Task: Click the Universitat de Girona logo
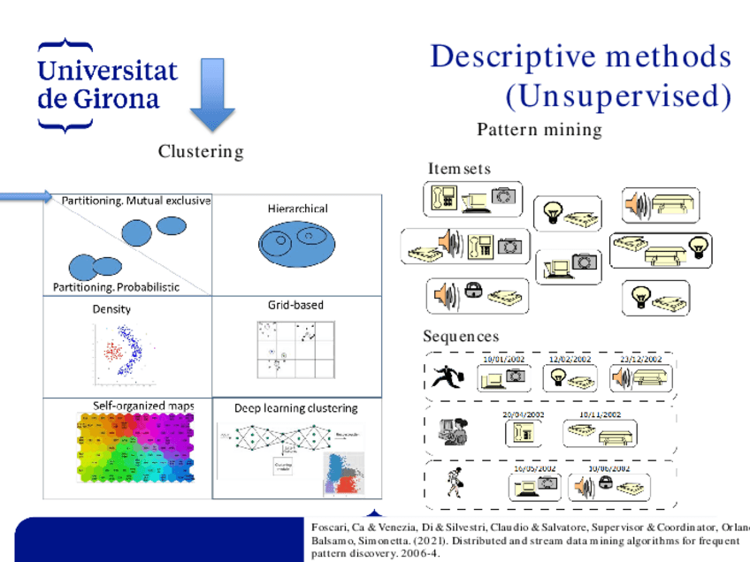point(106,85)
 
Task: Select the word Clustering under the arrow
point(201,152)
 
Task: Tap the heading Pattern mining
point(540,130)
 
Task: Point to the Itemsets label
point(459,169)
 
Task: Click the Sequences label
point(461,337)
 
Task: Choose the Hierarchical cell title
point(297,209)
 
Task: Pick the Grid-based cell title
point(295,305)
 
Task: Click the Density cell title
point(111,309)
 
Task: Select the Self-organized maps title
point(143,406)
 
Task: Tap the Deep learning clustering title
point(295,408)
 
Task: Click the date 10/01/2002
point(503,360)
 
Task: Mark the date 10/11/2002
point(600,414)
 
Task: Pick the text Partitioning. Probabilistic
point(116,286)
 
